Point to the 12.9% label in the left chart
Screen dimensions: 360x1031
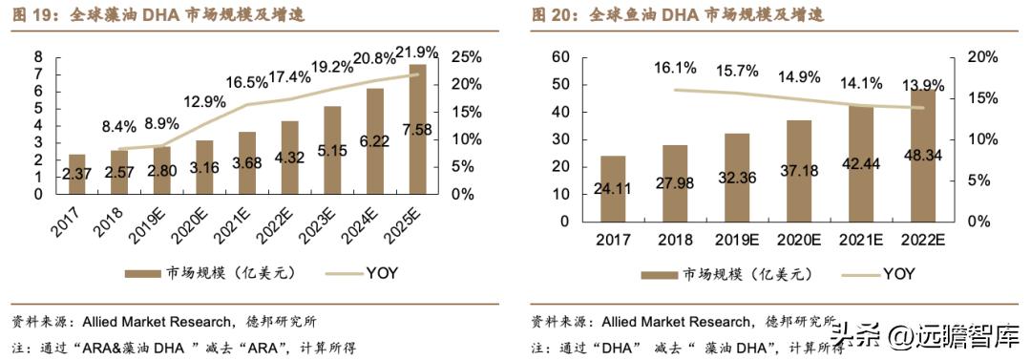click(x=205, y=101)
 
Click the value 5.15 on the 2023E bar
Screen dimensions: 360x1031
click(x=332, y=150)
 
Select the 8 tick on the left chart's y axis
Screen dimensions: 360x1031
click(x=37, y=57)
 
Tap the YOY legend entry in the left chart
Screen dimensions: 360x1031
click(x=382, y=273)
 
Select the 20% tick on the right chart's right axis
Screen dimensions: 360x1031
click(x=982, y=57)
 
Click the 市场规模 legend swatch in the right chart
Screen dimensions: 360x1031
click(x=661, y=274)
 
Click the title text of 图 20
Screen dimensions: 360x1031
click(x=677, y=15)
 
